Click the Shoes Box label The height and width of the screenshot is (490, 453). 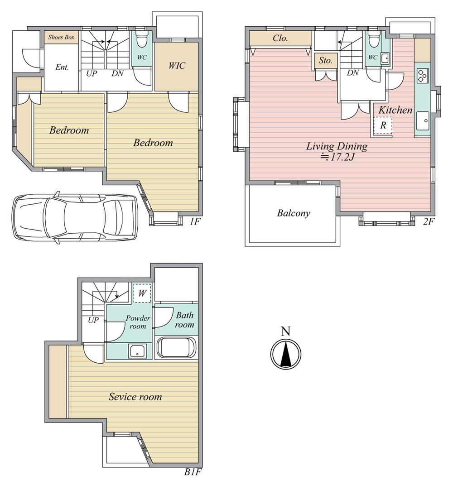[61, 37]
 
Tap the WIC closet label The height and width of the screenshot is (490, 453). [177, 66]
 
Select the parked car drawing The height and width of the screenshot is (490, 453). [75, 217]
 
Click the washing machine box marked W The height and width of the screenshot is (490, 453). [142, 293]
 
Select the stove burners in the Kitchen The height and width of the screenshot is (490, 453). [422, 75]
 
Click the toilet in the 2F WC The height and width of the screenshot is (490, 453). [373, 39]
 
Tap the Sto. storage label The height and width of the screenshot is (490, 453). [325, 61]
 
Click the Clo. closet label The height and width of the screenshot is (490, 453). [280, 38]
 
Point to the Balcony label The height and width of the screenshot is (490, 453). [294, 213]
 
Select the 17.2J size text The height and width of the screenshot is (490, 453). [337, 157]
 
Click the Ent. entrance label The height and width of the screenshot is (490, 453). [62, 67]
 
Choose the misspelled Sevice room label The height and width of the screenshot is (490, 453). [135, 397]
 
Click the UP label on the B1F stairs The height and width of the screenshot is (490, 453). [93, 320]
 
